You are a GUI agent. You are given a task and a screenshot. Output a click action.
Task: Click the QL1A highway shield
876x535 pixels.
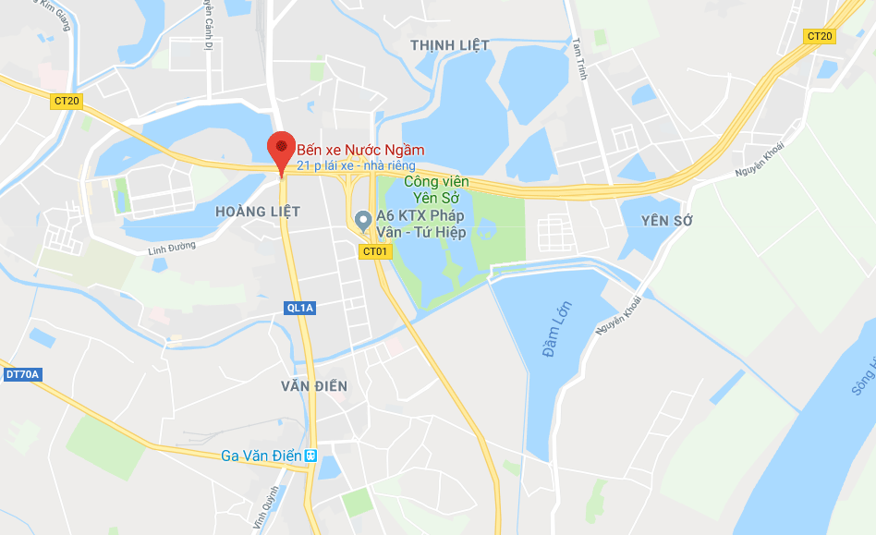pos(301,308)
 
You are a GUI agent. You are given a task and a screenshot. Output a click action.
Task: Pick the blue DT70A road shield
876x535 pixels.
pos(22,374)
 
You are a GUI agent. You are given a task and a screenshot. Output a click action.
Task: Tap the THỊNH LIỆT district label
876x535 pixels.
pos(449,45)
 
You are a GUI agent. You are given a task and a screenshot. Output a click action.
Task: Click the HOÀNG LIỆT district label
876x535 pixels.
pos(257,213)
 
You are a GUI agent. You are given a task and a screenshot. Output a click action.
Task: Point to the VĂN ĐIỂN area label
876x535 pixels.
pos(314,386)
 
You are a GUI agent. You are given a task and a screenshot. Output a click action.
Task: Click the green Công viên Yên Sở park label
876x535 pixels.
pos(435,188)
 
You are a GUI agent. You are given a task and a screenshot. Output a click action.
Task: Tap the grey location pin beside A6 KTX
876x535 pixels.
pos(363,221)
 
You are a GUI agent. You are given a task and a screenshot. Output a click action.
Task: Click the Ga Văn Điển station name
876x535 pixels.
pos(262,456)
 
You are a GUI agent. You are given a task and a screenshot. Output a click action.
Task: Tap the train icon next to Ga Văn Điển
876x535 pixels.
pos(311,456)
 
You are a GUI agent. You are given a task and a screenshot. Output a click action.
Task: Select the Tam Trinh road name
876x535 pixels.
pos(579,58)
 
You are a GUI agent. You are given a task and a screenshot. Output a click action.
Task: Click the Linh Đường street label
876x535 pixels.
pos(173,248)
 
